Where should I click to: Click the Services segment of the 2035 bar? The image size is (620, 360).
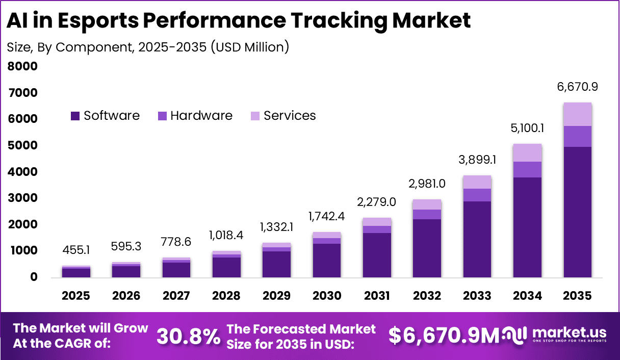click(578, 114)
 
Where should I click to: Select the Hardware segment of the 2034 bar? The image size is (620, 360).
click(528, 169)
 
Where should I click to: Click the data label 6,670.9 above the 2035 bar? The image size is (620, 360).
click(578, 87)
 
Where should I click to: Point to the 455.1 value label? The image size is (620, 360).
click(76, 251)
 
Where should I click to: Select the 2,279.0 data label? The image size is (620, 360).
click(377, 202)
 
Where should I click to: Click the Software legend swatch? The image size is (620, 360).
click(75, 116)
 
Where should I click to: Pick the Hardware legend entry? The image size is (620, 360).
click(201, 116)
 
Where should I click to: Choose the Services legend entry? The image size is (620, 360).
click(289, 116)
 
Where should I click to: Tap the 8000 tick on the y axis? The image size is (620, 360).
click(22, 66)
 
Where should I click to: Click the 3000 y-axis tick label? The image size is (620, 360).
click(22, 198)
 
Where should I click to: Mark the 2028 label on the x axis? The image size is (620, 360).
click(226, 296)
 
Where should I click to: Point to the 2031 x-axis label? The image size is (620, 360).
click(377, 296)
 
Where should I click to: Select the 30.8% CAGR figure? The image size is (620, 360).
click(188, 336)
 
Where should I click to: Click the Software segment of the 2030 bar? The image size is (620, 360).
click(327, 260)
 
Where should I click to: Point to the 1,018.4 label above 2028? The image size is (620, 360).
click(226, 236)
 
